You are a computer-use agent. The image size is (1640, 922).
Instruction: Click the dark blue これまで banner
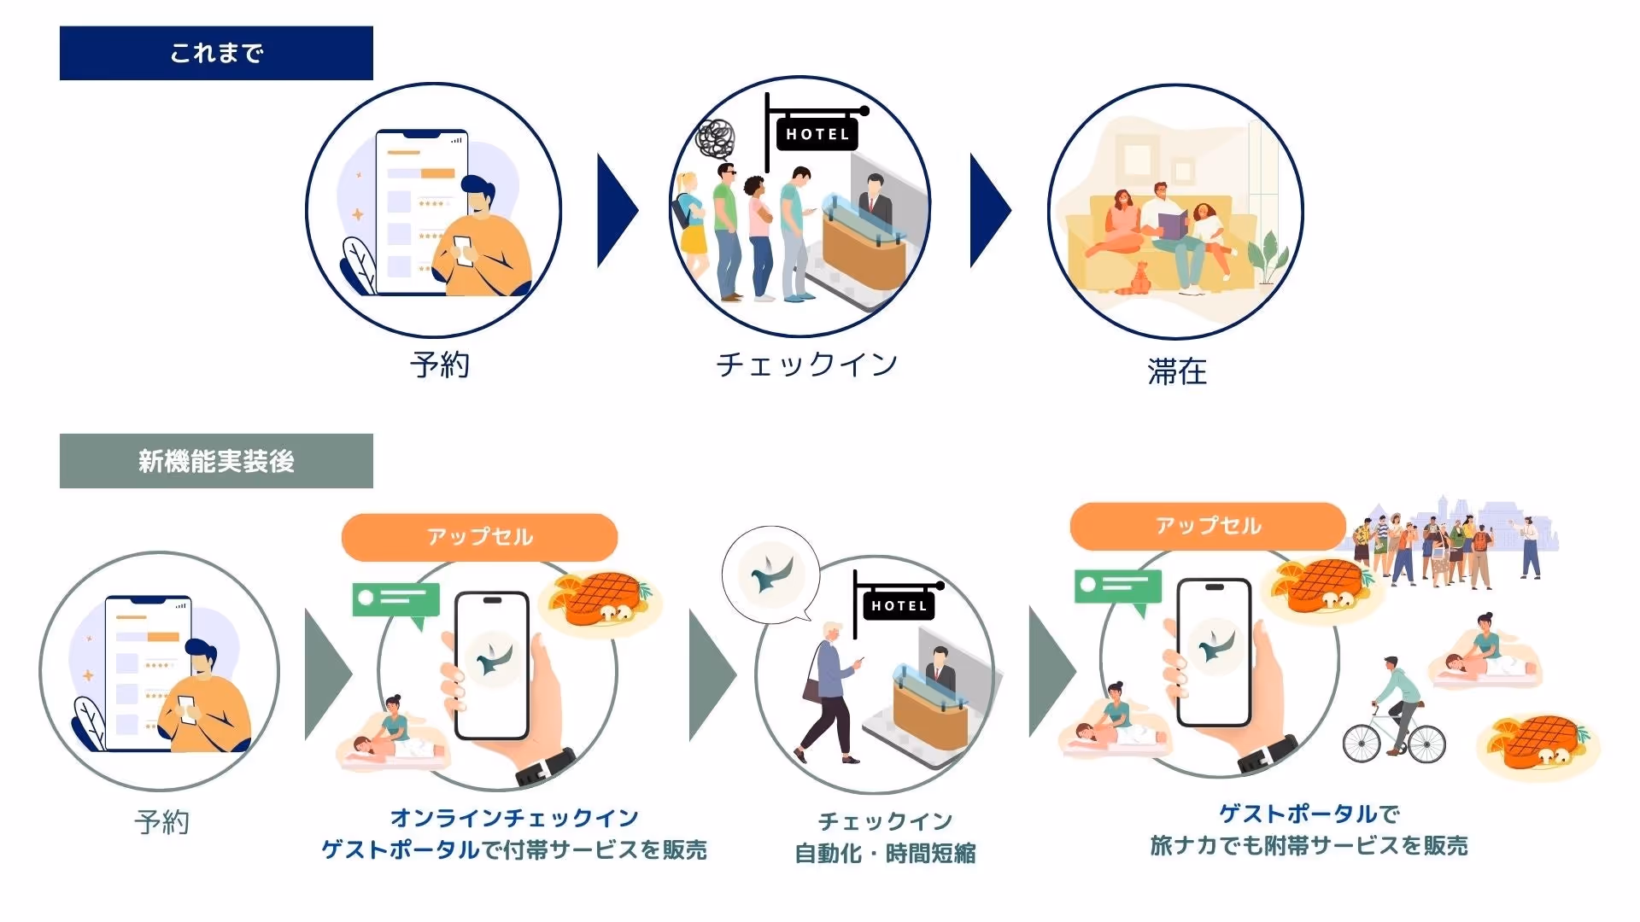216,53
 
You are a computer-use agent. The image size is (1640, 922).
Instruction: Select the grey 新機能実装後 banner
216,461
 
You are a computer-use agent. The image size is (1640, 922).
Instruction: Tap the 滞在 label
1177,371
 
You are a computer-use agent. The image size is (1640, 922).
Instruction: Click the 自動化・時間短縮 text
885,853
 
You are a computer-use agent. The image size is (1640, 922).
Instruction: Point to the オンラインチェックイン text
514,818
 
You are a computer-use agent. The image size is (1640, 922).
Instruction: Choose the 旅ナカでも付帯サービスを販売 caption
1309,845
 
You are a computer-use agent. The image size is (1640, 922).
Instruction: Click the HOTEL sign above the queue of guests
817,134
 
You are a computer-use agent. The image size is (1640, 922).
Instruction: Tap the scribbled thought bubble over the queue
716,138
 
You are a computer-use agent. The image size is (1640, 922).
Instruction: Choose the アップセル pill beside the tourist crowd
1208,526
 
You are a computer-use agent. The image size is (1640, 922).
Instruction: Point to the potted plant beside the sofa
1267,256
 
